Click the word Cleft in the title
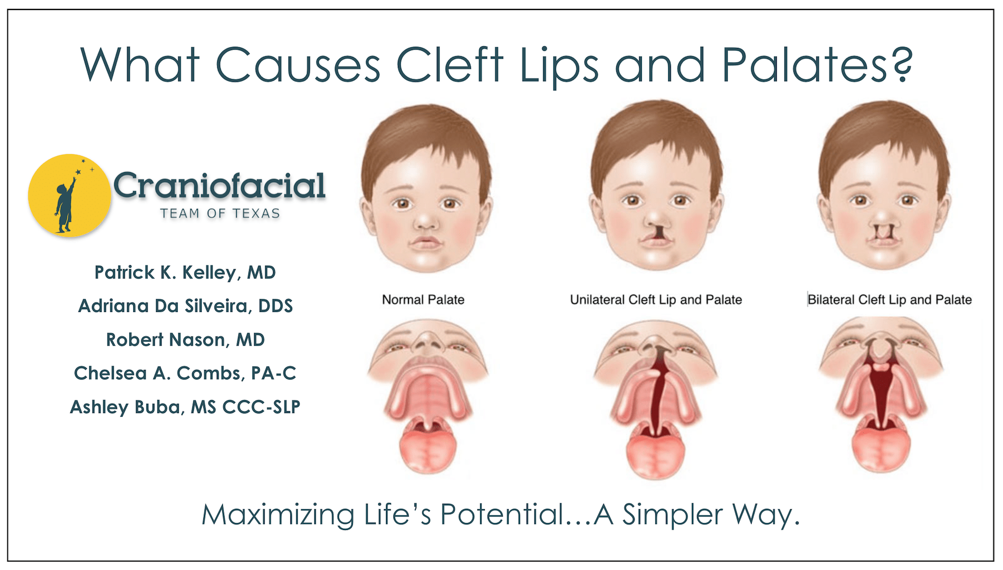coord(449,65)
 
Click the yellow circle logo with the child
coord(70,195)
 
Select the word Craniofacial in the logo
coord(220,186)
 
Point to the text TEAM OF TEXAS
coord(220,213)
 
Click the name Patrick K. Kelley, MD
coord(185,272)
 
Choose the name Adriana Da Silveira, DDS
coord(185,306)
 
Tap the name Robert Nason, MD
coord(185,340)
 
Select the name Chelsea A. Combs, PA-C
coord(185,373)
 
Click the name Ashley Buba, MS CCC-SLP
coord(185,407)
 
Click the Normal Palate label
coord(423,300)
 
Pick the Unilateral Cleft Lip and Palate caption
coord(656,300)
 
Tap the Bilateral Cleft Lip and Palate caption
coord(889,300)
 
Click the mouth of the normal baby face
coord(426,243)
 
